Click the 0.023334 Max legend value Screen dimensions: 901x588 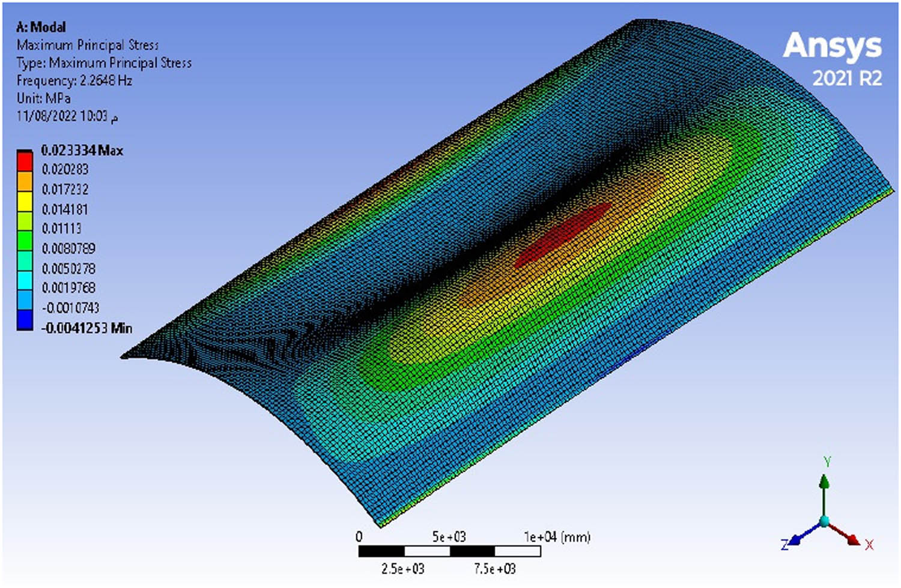point(82,151)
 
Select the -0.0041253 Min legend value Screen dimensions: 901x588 point(86,328)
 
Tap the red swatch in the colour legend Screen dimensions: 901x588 point(25,161)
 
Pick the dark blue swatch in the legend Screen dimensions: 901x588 point(25,320)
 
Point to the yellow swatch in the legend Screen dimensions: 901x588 point(25,202)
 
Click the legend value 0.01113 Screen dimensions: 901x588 point(61,229)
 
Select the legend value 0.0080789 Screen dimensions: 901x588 point(69,248)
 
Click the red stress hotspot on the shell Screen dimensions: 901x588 point(563,235)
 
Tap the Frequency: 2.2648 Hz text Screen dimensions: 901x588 point(74,81)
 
